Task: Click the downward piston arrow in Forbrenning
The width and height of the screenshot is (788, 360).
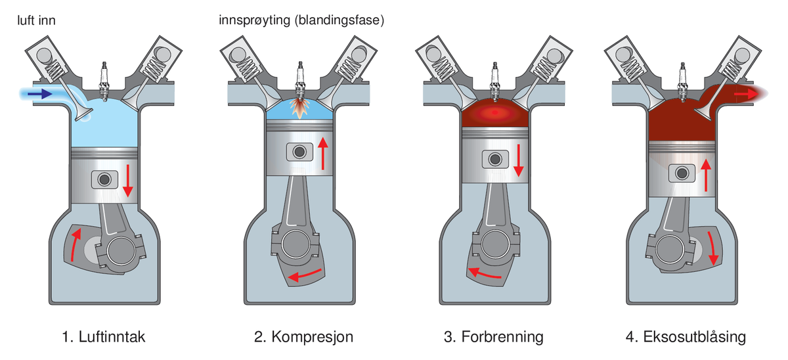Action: (519, 160)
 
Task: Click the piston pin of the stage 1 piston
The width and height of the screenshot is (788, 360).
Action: (104, 179)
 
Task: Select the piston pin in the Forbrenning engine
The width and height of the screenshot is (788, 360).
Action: (493, 160)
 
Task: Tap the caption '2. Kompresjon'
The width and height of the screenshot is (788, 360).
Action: (303, 338)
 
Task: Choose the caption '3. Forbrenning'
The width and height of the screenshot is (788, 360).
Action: (494, 338)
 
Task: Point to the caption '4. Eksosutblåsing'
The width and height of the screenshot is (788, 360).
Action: (686, 338)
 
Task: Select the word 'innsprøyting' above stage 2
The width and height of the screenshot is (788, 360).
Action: (257, 20)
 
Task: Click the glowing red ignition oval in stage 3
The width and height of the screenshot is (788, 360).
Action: (494, 116)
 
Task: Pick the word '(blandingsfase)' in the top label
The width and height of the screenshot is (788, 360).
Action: (340, 20)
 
